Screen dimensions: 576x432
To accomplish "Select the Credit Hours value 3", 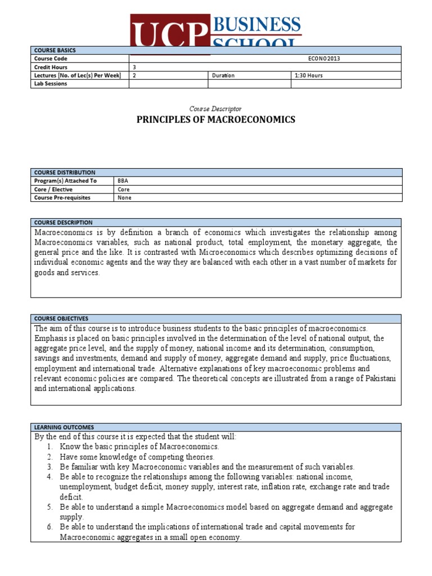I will [133, 67].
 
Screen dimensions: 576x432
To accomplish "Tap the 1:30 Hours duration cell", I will [308, 75].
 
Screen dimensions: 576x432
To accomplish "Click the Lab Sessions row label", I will [51, 84].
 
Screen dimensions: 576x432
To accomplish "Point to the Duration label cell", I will [223, 75].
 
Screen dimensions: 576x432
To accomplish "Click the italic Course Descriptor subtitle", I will [217, 109].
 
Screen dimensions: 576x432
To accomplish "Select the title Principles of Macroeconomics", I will [217, 120].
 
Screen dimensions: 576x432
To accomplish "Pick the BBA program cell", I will [123, 181].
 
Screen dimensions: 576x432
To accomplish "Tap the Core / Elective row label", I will [54, 190].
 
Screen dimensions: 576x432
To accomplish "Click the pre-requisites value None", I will [124, 198].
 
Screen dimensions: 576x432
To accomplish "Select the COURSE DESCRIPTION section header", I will [64, 223].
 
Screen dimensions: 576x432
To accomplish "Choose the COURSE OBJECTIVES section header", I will [61, 318].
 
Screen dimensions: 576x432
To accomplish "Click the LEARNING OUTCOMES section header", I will [62, 427].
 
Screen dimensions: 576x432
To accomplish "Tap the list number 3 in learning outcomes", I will [49, 467].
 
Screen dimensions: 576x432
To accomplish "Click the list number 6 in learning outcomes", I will [49, 527].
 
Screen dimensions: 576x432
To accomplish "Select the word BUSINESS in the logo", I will [257, 24].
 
